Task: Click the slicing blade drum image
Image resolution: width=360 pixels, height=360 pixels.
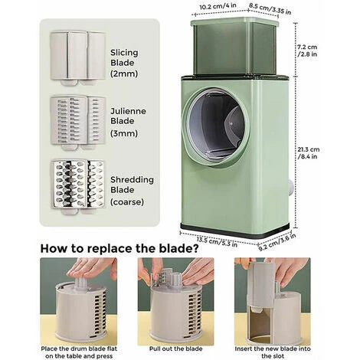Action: pos(78,58)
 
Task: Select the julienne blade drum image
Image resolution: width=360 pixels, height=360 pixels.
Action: pos(78,123)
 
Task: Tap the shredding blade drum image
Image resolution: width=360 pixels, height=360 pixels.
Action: pos(78,187)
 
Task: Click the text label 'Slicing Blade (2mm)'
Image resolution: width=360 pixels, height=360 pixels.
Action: pos(124,63)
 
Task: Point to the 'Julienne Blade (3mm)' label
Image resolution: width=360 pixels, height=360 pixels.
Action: pos(128,123)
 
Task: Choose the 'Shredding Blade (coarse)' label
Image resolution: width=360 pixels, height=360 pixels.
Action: pos(132,191)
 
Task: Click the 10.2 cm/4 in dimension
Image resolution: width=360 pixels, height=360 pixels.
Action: pos(218,6)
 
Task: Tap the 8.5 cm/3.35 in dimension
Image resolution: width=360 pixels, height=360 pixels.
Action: pos(270,9)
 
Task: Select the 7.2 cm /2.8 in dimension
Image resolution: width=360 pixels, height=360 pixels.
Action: pos(307,51)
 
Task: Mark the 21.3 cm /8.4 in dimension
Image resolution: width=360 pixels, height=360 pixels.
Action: pos(309,152)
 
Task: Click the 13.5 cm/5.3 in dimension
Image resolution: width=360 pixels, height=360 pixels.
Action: pos(217,242)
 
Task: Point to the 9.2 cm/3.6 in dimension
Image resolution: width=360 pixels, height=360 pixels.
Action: pos(277,242)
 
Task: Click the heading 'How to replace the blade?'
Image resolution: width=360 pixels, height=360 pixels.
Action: pos(119,249)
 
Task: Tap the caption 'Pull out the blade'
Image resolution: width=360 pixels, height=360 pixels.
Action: pos(175,349)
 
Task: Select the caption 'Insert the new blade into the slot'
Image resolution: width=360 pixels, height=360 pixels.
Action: pos(273,352)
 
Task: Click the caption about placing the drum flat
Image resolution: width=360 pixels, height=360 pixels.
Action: pos(79,352)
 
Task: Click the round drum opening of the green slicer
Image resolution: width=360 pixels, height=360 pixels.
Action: pos(216,127)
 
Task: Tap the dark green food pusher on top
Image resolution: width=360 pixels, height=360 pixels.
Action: pos(234,47)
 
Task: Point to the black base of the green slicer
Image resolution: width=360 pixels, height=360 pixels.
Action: pos(235,231)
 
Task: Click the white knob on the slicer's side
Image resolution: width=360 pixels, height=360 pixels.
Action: pos(290,189)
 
